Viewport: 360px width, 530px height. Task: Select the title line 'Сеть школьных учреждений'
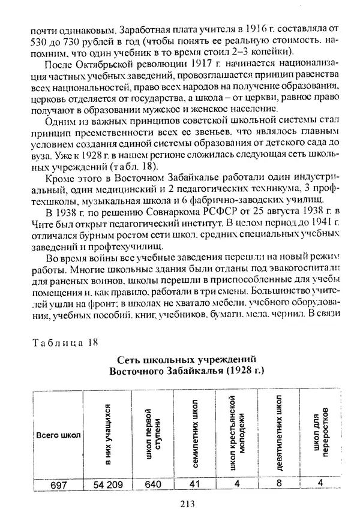187,359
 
